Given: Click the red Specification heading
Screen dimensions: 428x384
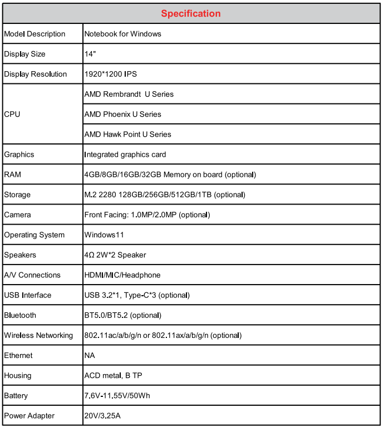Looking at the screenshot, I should click(x=191, y=13).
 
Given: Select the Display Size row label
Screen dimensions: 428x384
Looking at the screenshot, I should click(x=25, y=54).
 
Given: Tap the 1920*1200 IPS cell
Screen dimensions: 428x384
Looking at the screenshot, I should click(x=110, y=74).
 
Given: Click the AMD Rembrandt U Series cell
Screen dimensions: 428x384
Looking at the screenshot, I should click(x=129, y=94).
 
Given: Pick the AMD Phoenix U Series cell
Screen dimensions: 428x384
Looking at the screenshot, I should click(x=123, y=114).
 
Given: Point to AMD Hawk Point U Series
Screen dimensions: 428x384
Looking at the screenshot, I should click(x=128, y=134).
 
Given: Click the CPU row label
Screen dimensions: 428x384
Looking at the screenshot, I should click(x=13, y=114).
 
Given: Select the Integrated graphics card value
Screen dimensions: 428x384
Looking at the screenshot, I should click(x=125, y=155).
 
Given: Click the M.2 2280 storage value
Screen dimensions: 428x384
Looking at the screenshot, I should click(x=165, y=195).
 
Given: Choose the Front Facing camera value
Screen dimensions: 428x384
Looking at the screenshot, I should click(x=147, y=215).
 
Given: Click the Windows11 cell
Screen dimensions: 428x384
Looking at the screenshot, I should click(x=104, y=235).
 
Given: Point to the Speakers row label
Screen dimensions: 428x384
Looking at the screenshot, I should click(x=20, y=255).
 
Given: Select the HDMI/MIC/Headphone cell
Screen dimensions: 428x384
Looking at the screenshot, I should click(x=122, y=275).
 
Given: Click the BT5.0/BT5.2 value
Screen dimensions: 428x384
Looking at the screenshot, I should click(x=123, y=315).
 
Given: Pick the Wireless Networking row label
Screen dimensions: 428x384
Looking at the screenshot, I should click(x=38, y=335).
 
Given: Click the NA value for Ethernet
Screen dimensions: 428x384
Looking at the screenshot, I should click(x=90, y=355).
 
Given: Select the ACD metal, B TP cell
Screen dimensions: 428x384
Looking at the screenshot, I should click(x=114, y=375).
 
